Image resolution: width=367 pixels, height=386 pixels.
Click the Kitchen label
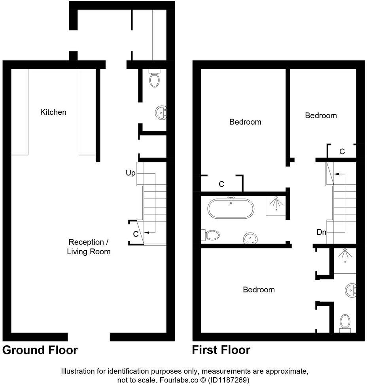coord(53,112)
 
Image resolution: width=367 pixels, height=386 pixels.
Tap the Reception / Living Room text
coord(89,247)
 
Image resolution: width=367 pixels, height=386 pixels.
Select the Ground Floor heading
coord(40,350)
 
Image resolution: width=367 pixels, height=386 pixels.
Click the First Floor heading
coord(221,350)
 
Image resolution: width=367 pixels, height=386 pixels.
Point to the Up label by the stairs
coord(131,173)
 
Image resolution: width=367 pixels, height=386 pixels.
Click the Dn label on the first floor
coord(321,233)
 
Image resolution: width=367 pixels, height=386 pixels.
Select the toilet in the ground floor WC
coord(155,79)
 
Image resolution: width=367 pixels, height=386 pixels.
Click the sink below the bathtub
coord(250,238)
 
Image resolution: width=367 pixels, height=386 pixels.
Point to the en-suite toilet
coord(345,322)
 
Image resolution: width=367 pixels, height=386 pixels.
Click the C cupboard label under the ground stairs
coord(136,234)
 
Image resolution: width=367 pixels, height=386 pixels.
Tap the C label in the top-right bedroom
coord(342,151)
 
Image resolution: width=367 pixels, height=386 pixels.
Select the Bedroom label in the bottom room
coord(259,290)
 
